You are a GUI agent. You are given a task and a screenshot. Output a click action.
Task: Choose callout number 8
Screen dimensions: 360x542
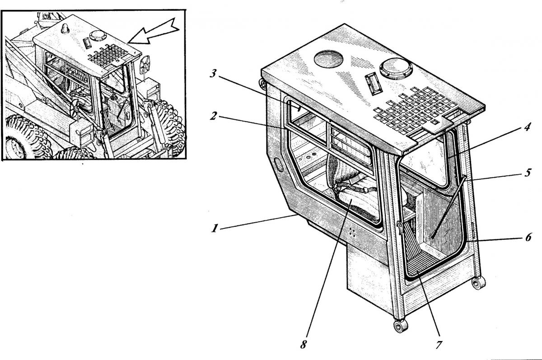point(303,345)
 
